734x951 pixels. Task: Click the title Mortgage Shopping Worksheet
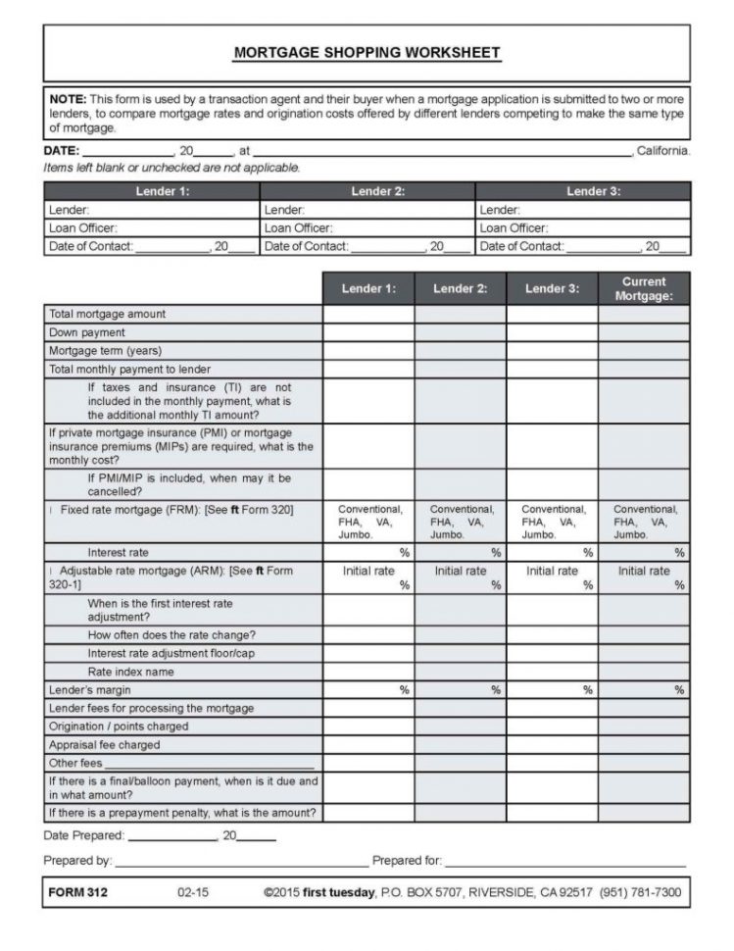(x=367, y=53)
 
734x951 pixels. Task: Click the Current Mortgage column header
(x=644, y=288)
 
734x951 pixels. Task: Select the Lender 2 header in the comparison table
(x=460, y=288)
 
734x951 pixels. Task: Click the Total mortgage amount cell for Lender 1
(x=368, y=314)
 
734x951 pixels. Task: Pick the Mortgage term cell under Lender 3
(x=552, y=351)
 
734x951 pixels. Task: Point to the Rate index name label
(x=130, y=672)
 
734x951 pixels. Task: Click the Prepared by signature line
(x=239, y=861)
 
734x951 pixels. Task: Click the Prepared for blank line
(x=564, y=861)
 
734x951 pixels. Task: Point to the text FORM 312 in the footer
(x=77, y=893)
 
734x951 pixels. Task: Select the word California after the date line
(x=662, y=152)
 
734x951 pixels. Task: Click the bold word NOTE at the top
(x=68, y=98)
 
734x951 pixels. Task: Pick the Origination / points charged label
(x=119, y=726)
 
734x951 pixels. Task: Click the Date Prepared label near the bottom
(x=84, y=836)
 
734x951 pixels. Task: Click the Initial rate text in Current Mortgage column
(x=644, y=571)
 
